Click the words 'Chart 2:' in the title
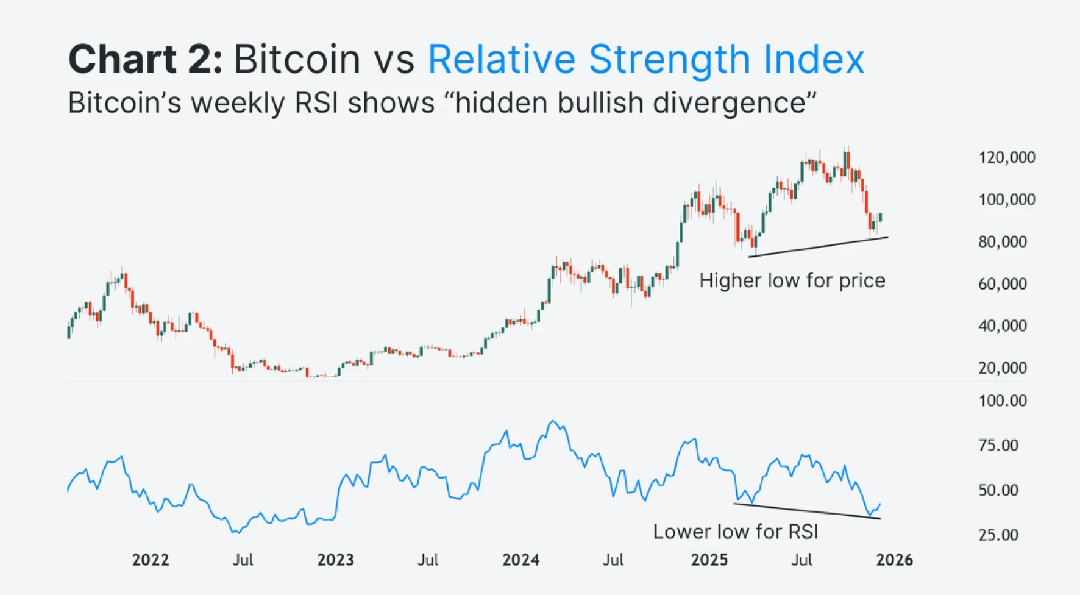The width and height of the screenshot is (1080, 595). pyautogui.click(x=145, y=60)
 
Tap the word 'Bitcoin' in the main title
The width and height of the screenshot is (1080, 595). pyautogui.click(x=297, y=60)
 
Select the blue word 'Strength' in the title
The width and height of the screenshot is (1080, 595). pyautogui.click(x=669, y=60)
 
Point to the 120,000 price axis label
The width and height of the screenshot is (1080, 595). pyautogui.click(x=1006, y=158)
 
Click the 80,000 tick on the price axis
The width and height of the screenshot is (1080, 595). pyautogui.click(x=1003, y=242)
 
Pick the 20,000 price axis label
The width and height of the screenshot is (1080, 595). pyautogui.click(x=1003, y=368)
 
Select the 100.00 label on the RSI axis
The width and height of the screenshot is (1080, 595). pyautogui.click(x=1003, y=401)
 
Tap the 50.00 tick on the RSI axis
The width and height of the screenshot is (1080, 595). pyautogui.click(x=998, y=491)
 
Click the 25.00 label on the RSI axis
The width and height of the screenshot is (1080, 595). pyautogui.click(x=998, y=535)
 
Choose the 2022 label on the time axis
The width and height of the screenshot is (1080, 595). pyautogui.click(x=151, y=560)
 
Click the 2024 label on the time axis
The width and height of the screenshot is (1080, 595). pyautogui.click(x=520, y=560)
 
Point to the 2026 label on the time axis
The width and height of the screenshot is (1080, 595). pyautogui.click(x=894, y=560)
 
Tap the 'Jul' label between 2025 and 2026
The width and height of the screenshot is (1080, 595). pyautogui.click(x=801, y=560)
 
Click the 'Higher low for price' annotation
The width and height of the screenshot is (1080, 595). pyautogui.click(x=792, y=280)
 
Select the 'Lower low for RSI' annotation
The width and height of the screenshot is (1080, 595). pyautogui.click(x=736, y=532)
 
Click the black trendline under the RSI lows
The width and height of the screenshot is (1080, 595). pyautogui.click(x=808, y=511)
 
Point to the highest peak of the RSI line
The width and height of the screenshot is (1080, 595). pyautogui.click(x=553, y=421)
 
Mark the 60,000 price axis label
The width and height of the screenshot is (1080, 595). pyautogui.click(x=1003, y=284)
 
